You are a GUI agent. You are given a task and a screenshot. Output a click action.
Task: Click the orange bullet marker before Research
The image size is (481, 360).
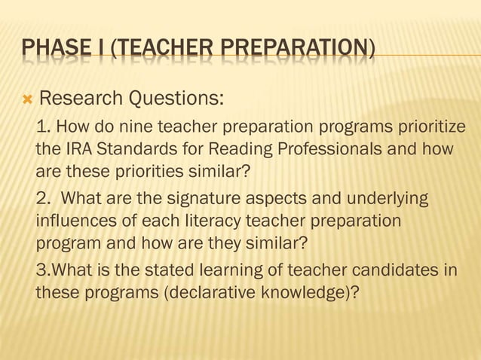(28, 99)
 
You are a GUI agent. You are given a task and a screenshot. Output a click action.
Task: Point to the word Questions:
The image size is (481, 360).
(179, 99)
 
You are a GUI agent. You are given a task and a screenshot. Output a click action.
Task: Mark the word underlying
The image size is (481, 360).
(384, 199)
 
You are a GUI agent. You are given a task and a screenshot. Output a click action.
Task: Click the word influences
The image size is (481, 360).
(73, 223)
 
